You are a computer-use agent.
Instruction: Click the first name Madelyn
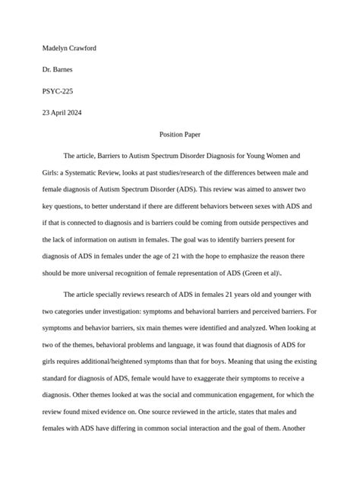(x=56, y=48)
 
